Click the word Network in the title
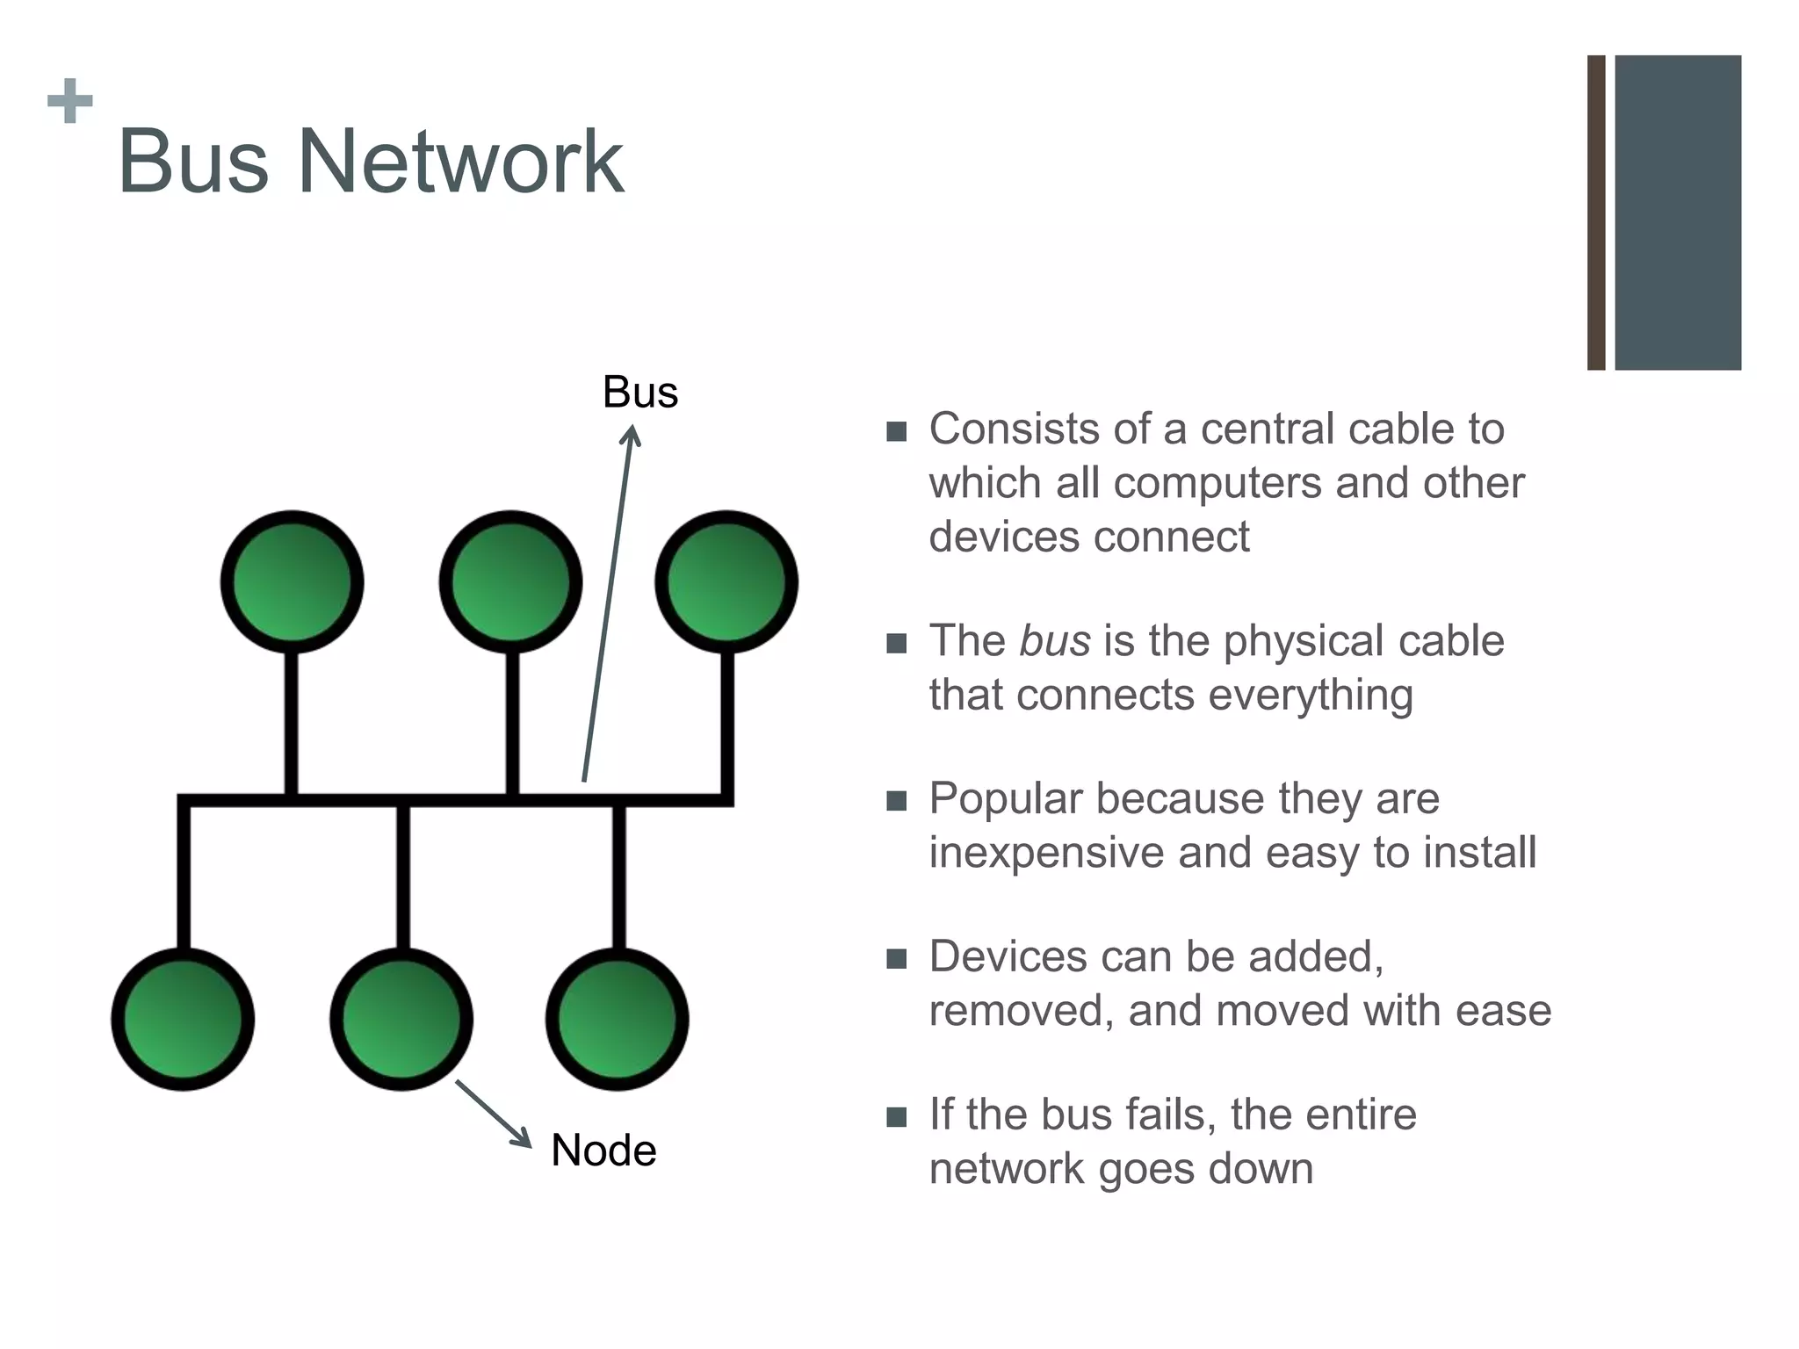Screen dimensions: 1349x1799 click(x=460, y=162)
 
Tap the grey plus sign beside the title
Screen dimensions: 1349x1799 click(x=70, y=101)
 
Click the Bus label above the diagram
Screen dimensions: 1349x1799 click(x=639, y=392)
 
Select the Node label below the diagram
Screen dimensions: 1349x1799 click(x=603, y=1150)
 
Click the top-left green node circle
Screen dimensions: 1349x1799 click(x=292, y=581)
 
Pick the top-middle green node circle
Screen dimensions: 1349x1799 click(x=510, y=581)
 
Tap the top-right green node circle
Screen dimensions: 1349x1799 click(x=726, y=581)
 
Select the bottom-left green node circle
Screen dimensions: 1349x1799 click(x=183, y=1019)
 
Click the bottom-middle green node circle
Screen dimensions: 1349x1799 click(x=401, y=1019)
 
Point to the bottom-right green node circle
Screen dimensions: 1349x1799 click(x=618, y=1019)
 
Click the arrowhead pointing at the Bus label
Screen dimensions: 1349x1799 click(x=632, y=435)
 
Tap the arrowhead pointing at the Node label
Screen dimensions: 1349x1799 click(x=522, y=1138)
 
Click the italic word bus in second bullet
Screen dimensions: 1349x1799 click(x=1054, y=640)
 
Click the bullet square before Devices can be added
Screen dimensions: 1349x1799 click(x=896, y=958)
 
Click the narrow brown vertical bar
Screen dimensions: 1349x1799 click(x=1596, y=213)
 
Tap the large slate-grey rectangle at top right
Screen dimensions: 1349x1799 click(x=1678, y=213)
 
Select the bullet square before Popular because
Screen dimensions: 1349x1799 click(x=896, y=800)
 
